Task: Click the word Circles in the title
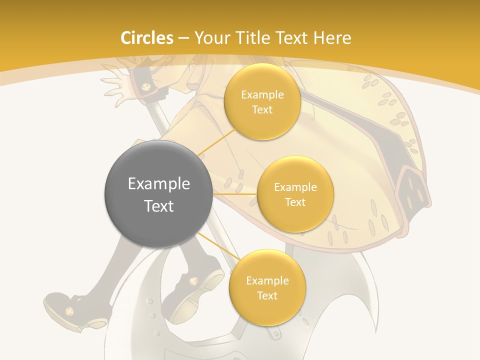point(147,38)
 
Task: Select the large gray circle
point(158,194)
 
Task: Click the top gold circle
point(262,102)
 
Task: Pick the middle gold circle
point(295,194)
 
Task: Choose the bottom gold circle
point(267,288)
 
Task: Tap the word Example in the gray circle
point(158,184)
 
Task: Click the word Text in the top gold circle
point(262,110)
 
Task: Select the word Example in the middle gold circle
point(295,187)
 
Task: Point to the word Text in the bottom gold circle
point(267,295)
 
